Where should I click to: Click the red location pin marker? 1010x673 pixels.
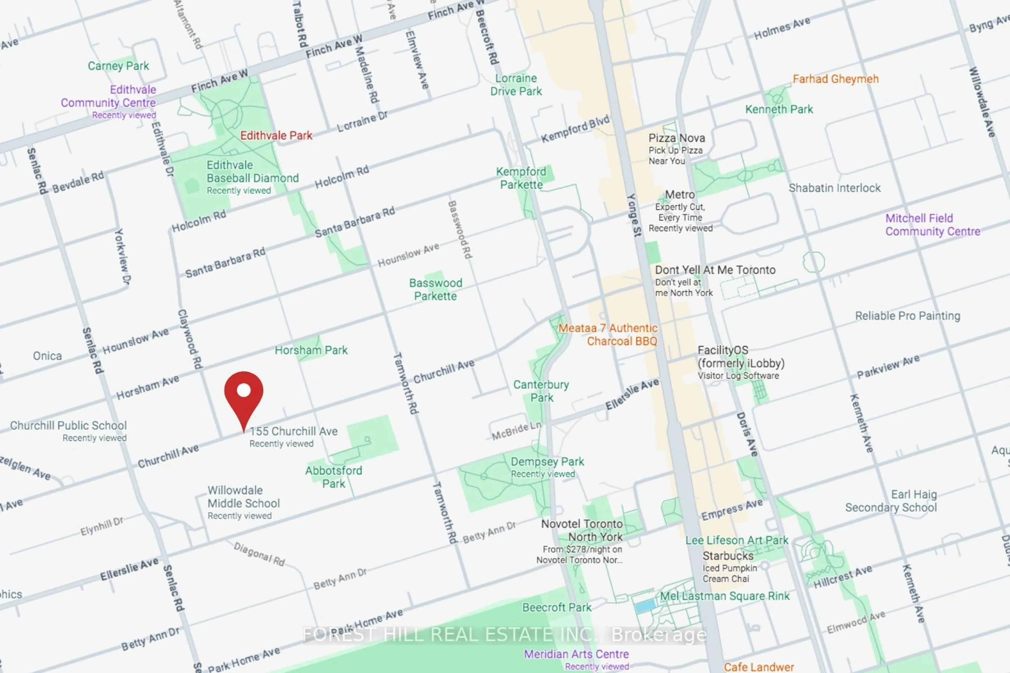point(244,397)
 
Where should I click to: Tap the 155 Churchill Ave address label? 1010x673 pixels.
point(294,431)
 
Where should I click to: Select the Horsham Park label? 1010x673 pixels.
point(311,350)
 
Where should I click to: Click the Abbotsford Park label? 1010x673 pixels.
point(334,477)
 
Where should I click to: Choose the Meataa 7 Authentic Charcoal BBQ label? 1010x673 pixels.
point(608,335)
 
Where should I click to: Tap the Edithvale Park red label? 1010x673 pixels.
point(276,136)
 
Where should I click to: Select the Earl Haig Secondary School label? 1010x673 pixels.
point(891,501)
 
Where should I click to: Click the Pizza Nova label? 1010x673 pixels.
point(676,138)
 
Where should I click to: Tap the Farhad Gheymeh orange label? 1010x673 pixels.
point(835,79)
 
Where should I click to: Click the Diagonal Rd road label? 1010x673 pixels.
point(259,554)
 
